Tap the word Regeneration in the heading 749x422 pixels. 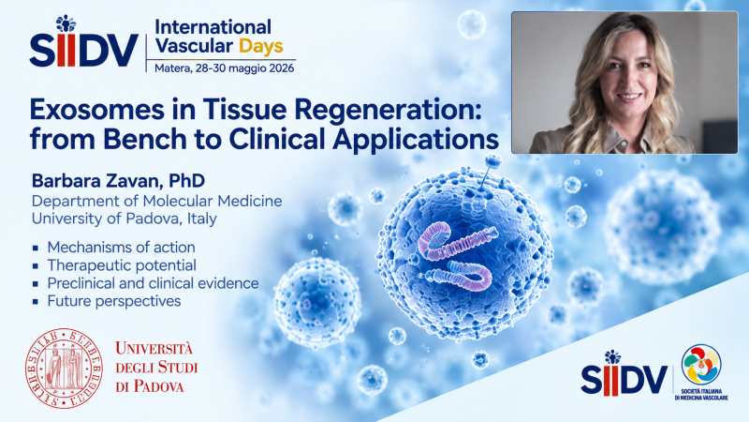388,110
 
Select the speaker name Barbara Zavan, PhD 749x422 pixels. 119,181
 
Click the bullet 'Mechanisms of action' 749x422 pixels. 122,247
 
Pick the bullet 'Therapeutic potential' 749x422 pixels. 122,265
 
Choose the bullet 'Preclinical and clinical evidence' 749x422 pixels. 153,283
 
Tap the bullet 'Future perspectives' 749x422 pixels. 114,301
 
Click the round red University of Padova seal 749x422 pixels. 64,368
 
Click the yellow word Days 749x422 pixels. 261,46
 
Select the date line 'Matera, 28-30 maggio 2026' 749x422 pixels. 224,68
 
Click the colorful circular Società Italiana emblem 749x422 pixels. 701,364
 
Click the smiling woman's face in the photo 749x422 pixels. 627,79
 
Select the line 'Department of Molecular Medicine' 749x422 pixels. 156,201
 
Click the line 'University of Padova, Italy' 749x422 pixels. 125,219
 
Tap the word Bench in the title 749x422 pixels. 145,139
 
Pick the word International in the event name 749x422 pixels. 213,27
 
